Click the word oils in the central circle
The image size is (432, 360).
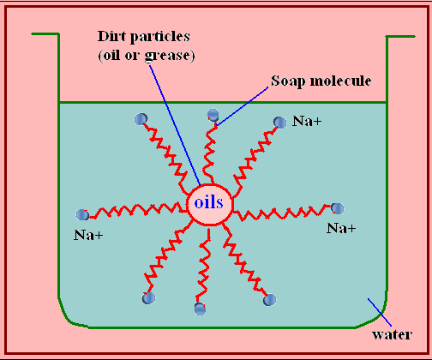208,202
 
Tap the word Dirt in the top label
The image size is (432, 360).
111,36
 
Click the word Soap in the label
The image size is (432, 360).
288,81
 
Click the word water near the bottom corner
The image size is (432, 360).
392,334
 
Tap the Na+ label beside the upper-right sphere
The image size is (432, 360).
307,121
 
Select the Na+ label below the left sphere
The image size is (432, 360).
88,235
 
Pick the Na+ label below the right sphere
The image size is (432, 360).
341,228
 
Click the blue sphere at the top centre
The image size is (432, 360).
213,115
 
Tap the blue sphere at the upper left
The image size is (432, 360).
141,119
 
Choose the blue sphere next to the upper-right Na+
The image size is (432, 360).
279,123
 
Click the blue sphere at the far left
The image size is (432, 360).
82,214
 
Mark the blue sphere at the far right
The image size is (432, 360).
337,208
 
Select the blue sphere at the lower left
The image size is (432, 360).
148,298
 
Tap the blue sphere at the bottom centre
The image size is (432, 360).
200,309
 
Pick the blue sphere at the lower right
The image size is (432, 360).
269,300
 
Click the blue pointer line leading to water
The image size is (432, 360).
380,312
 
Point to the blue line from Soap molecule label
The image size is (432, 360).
243,106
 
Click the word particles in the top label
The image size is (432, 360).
160,37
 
